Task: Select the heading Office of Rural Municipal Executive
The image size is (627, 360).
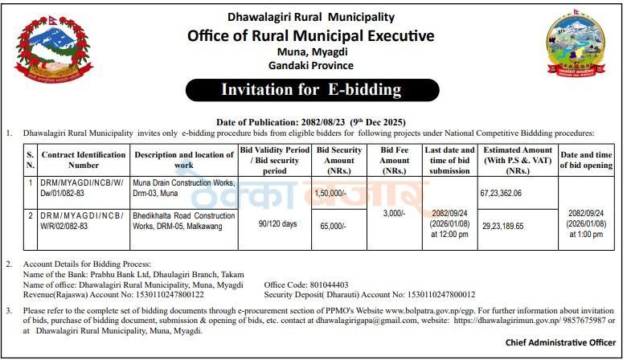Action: (x=310, y=36)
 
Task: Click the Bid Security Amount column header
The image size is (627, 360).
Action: (x=338, y=160)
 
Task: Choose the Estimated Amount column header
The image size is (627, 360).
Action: (x=516, y=160)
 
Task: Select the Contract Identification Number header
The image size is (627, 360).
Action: (x=84, y=160)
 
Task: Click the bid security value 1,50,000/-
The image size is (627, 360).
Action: (x=330, y=193)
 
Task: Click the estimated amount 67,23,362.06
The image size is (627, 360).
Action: (x=500, y=193)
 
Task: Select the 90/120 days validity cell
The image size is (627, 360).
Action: (x=275, y=223)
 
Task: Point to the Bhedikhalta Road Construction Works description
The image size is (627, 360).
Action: (x=184, y=221)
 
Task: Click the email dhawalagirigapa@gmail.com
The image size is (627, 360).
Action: (x=344, y=320)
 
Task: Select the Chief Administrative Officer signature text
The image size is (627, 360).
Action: (x=559, y=343)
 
